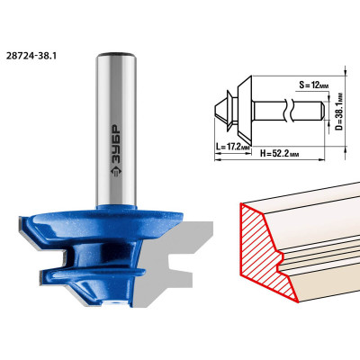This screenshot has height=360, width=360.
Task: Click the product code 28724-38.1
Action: tap(31, 56)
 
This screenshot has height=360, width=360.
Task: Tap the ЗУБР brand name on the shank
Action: tap(116, 144)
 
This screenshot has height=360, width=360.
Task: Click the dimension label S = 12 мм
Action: tap(313, 85)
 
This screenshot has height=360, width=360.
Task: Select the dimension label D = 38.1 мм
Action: tap(339, 111)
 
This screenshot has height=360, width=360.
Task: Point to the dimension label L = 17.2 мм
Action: tap(233, 147)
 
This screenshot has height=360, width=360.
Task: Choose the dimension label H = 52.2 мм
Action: tap(279, 154)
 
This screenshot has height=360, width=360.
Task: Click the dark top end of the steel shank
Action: tap(116, 55)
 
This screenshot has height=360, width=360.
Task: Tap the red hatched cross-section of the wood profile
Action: tap(264, 250)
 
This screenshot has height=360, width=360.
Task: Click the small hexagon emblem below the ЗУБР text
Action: tap(116, 173)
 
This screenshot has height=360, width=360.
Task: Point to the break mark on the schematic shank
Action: tap(287, 110)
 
